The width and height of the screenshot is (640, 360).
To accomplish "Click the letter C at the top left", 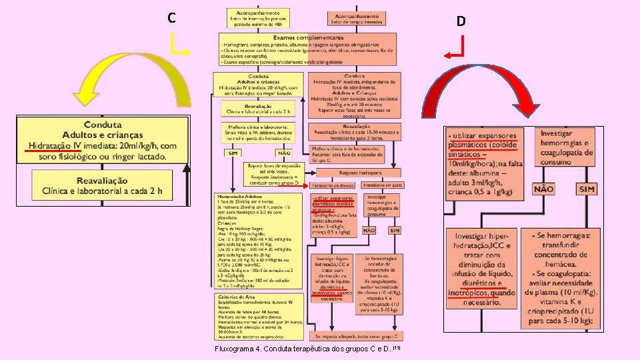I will click(172, 18).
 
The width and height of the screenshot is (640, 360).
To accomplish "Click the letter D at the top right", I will click(461, 21).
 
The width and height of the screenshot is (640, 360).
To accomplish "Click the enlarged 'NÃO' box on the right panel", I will click(544, 189).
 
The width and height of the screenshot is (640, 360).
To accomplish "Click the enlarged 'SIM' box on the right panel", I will click(586, 189).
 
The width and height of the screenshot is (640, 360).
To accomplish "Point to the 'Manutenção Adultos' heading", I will click(239, 196).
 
